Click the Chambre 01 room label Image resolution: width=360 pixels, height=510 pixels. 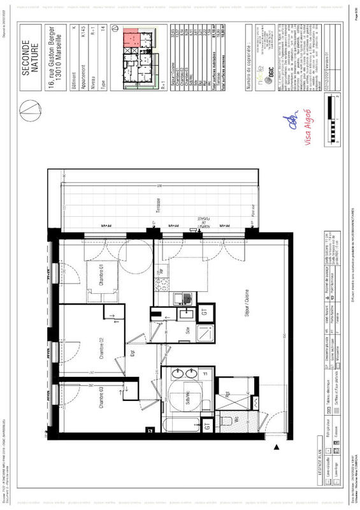pyautogui.click(x=101, y=279)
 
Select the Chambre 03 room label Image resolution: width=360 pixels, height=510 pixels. pyautogui.click(x=101, y=400)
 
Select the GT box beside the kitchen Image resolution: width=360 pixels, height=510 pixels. pyautogui.click(x=205, y=312)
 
